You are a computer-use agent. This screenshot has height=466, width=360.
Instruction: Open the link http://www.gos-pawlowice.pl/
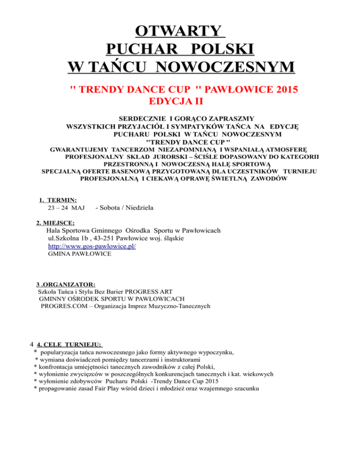(92, 246)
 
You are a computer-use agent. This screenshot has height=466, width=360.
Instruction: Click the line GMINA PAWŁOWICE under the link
(80, 254)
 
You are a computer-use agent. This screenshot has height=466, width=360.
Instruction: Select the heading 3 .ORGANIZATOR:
(66, 284)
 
